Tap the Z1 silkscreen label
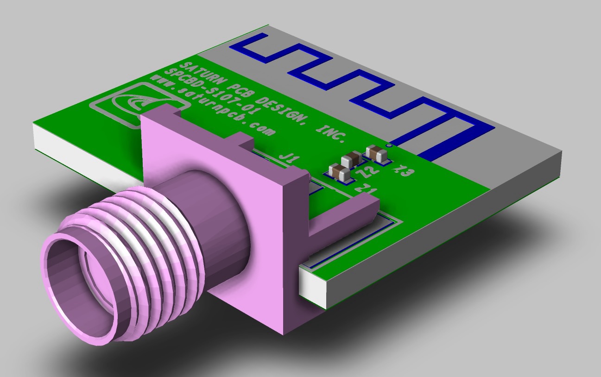point(365,189)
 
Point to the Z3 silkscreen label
point(402,172)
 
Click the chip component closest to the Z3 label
point(376,153)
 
